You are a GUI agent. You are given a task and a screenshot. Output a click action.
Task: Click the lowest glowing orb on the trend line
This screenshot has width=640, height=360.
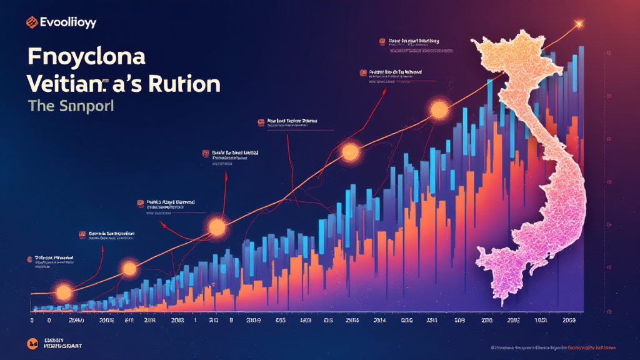click(x=63, y=292)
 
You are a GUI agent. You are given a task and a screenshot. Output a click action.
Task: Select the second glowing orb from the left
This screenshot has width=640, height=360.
click(x=129, y=269)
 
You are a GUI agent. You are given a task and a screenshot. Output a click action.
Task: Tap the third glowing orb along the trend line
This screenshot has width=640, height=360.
click(x=217, y=227)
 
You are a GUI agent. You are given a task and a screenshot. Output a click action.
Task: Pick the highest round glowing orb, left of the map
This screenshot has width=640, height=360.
click(x=439, y=111)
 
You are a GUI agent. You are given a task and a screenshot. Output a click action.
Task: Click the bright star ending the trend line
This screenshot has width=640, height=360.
click(x=578, y=24)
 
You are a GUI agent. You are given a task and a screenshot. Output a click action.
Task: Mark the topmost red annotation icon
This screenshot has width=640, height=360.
click(x=382, y=42)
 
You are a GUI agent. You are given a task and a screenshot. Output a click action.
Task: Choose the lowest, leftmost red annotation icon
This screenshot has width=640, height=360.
click(x=29, y=257)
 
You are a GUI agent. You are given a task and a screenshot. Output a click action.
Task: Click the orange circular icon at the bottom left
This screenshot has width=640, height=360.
click(x=31, y=343)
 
